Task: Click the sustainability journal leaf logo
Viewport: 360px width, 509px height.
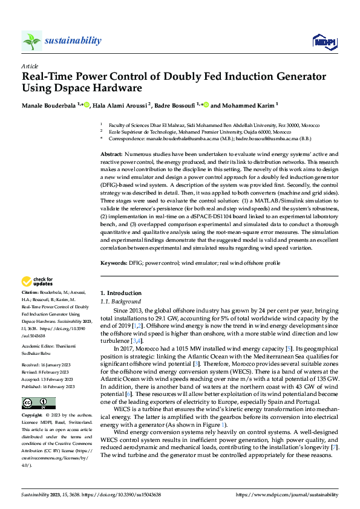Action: click(32, 41)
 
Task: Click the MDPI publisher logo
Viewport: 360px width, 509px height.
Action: click(324, 41)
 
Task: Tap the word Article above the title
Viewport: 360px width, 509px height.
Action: click(30, 66)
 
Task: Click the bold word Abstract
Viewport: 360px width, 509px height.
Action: click(111, 155)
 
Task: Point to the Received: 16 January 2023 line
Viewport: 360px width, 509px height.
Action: click(48, 349)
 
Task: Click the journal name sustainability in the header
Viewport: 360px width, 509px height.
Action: click(73, 41)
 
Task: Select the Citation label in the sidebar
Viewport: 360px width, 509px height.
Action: click(31, 291)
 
